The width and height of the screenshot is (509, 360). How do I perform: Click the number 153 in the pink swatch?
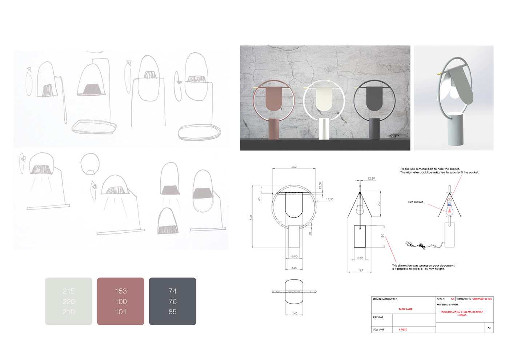pyautogui.click(x=121, y=291)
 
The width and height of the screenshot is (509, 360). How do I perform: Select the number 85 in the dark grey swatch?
pyautogui.click(x=173, y=312)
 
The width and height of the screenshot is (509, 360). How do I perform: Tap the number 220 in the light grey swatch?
pyautogui.click(x=68, y=301)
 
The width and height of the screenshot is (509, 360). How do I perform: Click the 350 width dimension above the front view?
pyautogui.click(x=294, y=167)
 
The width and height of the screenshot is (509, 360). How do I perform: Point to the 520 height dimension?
pyautogui.click(x=251, y=217)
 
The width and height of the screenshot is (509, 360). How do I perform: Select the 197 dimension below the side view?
pyautogui.click(x=360, y=270)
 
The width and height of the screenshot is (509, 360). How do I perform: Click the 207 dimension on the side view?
pyautogui.click(x=379, y=204)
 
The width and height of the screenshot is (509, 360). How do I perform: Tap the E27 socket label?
pyautogui.click(x=415, y=202)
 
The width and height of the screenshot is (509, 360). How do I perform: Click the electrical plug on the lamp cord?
pyautogui.click(x=409, y=244)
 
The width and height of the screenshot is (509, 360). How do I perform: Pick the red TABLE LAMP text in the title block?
pyautogui.click(x=405, y=309)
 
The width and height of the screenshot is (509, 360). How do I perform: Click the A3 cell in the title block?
pyautogui.click(x=489, y=328)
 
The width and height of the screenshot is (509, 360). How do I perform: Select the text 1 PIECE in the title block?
pyautogui.click(x=403, y=329)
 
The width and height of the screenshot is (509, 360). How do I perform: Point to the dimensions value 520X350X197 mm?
pyautogui.click(x=482, y=299)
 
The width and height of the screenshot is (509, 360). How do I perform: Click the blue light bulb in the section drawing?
pyautogui.click(x=450, y=210)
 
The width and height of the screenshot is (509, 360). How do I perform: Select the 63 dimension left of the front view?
pyautogui.click(x=260, y=199)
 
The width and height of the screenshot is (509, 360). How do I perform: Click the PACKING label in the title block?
pyautogui.click(x=378, y=317)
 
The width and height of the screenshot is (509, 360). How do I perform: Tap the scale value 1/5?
pyautogui.click(x=453, y=299)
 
